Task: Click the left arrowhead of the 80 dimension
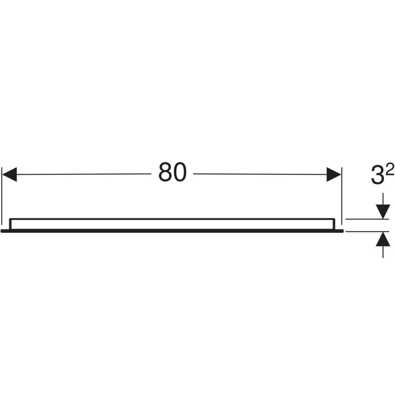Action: point(10,174)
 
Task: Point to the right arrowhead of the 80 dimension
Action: point(334,174)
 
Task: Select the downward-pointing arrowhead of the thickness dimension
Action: point(383,212)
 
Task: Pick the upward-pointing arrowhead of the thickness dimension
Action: point(383,239)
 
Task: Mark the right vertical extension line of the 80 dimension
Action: point(342,196)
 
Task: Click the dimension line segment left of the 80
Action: point(84,174)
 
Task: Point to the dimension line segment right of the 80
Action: point(260,174)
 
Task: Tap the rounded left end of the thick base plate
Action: point(2,231)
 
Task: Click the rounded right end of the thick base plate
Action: point(342,231)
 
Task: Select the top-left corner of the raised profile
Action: point(10,219)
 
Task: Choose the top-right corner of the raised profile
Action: point(334,219)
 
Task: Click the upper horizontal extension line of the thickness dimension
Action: point(367,219)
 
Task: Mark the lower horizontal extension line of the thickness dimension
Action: point(367,232)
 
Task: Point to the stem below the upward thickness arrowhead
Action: point(383,252)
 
